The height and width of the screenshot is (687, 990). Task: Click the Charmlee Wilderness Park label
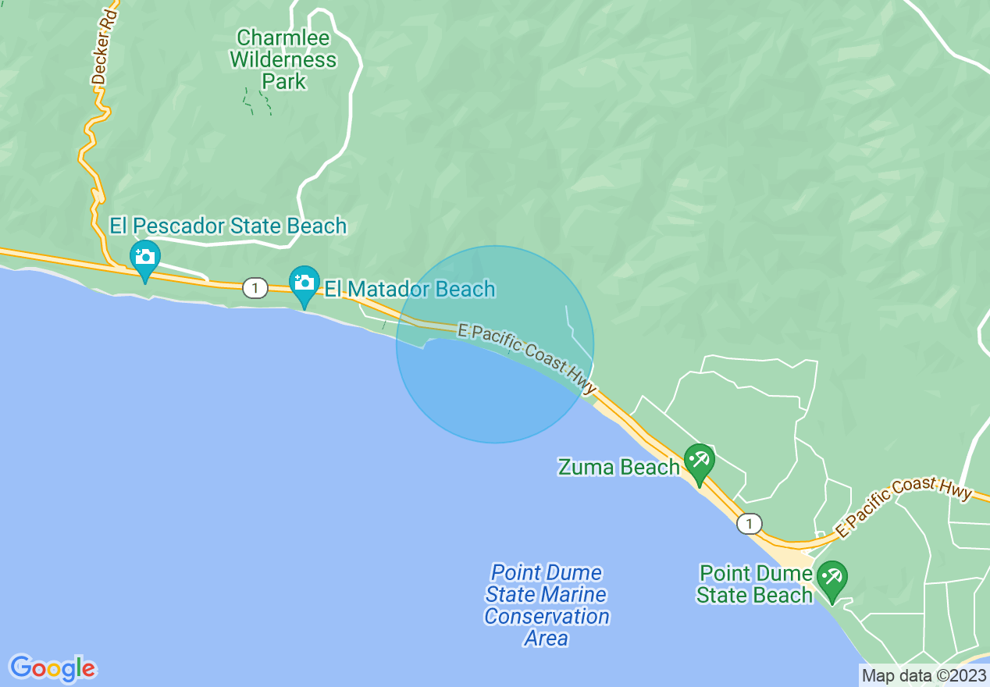click(x=283, y=59)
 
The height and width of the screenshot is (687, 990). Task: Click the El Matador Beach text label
click(x=410, y=289)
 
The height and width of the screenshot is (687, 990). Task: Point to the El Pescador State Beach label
click(x=228, y=226)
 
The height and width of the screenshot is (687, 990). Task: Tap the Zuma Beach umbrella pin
click(x=698, y=461)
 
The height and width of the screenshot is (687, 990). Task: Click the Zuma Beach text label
click(x=618, y=467)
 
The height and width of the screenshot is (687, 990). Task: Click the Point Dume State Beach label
click(x=754, y=585)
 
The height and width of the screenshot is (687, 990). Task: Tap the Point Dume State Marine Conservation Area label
click(x=547, y=605)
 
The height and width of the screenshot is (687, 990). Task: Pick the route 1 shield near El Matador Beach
click(x=255, y=288)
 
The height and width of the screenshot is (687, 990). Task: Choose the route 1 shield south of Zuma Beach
click(x=750, y=523)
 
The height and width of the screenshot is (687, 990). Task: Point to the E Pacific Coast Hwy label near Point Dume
click(x=903, y=507)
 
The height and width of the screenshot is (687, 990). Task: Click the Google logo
click(x=53, y=668)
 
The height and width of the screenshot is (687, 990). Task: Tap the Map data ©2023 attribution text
click(x=922, y=675)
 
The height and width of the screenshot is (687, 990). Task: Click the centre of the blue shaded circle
click(x=495, y=344)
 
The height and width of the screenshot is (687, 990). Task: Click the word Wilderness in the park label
click(x=283, y=59)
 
